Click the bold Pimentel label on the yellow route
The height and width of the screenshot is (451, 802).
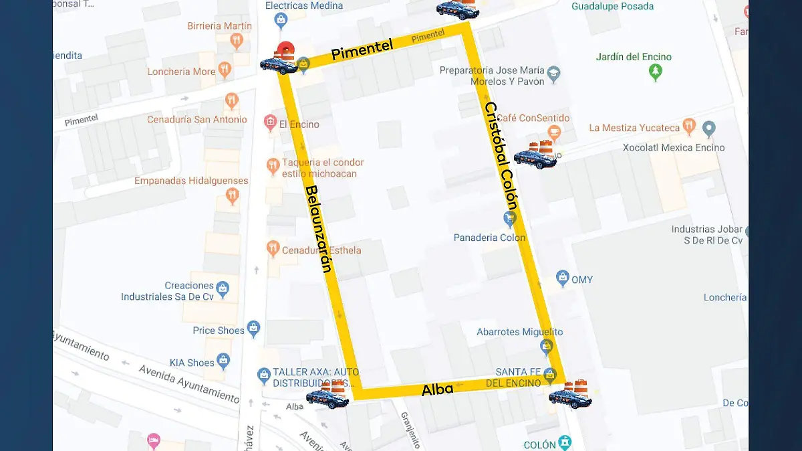[x=362, y=50]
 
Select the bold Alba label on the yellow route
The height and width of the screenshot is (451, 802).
[x=437, y=389]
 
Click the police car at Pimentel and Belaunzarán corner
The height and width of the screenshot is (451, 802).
[x=279, y=64]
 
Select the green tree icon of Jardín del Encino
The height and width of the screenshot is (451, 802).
[x=656, y=72]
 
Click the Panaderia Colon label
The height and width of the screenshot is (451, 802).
[x=489, y=238]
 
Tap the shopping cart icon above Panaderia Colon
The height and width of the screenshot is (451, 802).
[x=509, y=219]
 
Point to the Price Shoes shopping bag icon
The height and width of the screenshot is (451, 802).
[x=253, y=329]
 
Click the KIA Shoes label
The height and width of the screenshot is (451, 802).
[x=192, y=363]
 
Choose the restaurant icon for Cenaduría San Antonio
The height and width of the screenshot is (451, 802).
[x=232, y=101]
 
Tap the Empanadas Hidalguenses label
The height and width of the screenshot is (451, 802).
[x=191, y=181]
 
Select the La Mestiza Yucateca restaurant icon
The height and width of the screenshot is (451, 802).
[x=689, y=126]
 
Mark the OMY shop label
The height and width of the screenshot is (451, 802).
[x=581, y=280]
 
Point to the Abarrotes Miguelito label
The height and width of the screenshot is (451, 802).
[x=519, y=332]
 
